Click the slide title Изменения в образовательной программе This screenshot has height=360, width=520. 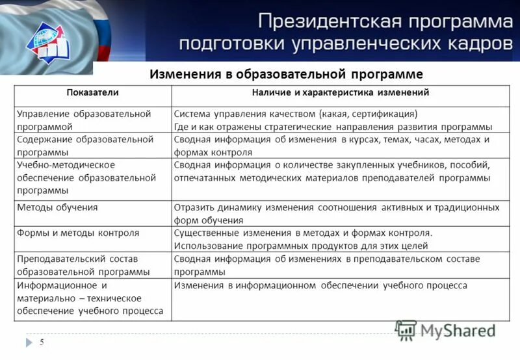pyautogui.click(x=286, y=74)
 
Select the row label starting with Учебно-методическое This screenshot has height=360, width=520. pyautogui.click(x=86, y=177)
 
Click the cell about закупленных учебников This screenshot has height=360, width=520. pyautogui.click(x=331, y=172)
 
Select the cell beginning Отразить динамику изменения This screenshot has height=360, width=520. pyautogui.click(x=336, y=213)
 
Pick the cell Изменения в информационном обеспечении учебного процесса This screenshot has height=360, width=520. pyautogui.click(x=320, y=285)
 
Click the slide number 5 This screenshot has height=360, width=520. pyautogui.click(x=42, y=342)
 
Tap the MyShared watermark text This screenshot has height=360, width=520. pyautogui.click(x=458, y=331)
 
